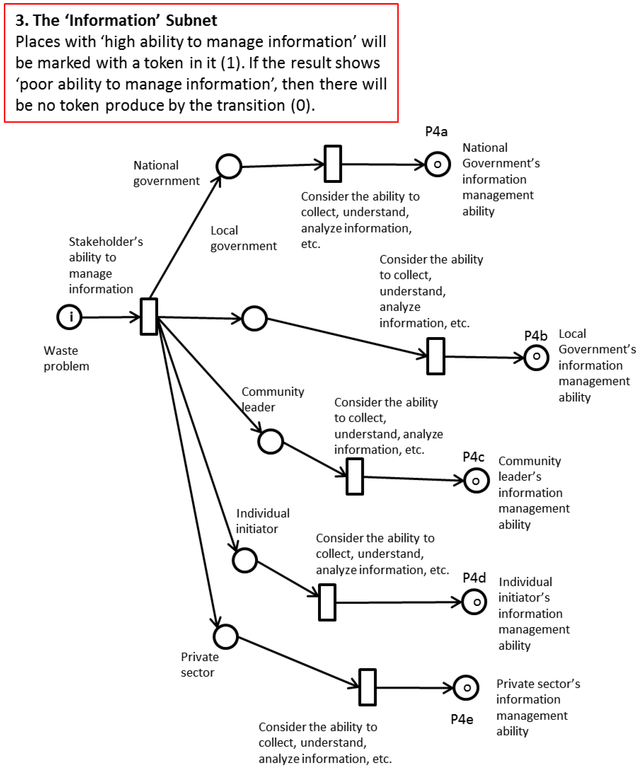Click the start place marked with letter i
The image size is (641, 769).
(x=69, y=317)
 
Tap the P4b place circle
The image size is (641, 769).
(x=536, y=357)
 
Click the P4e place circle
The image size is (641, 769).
(x=466, y=688)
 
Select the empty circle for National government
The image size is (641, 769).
(x=229, y=166)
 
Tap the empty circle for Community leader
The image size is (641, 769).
(x=271, y=441)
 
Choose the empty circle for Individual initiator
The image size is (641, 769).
(x=245, y=560)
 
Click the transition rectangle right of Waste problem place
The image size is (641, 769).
(x=149, y=317)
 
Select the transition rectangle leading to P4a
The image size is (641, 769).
(x=333, y=164)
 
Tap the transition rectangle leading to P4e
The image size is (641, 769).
(x=367, y=687)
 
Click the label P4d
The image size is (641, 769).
(x=474, y=578)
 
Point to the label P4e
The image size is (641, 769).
(x=462, y=719)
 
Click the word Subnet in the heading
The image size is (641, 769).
(x=191, y=20)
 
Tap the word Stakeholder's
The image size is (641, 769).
(x=106, y=242)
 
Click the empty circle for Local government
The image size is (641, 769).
(x=255, y=318)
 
